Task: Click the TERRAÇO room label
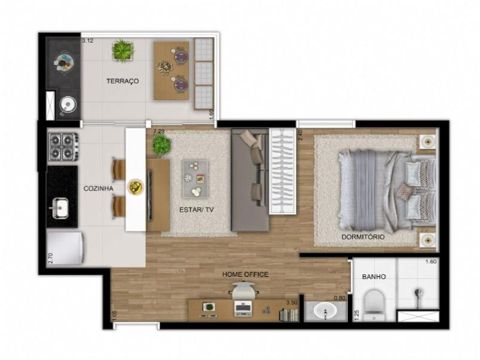click(x=122, y=81)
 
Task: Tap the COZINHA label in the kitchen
click(x=98, y=188)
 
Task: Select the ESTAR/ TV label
click(x=197, y=209)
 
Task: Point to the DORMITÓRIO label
click(x=363, y=237)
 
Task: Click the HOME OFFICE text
click(x=245, y=275)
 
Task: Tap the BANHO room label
click(x=374, y=277)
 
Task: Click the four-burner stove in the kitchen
click(x=62, y=146)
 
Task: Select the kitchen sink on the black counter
click(x=59, y=208)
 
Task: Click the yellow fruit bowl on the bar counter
click(x=136, y=187)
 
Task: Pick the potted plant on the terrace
click(x=123, y=50)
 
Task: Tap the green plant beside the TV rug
click(x=161, y=145)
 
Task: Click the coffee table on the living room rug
click(x=196, y=179)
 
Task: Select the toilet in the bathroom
click(x=373, y=305)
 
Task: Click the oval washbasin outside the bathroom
click(x=325, y=311)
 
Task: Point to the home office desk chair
click(x=244, y=290)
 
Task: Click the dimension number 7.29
click(x=159, y=131)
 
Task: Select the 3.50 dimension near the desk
click(x=292, y=303)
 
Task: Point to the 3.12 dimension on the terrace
click(x=88, y=40)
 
